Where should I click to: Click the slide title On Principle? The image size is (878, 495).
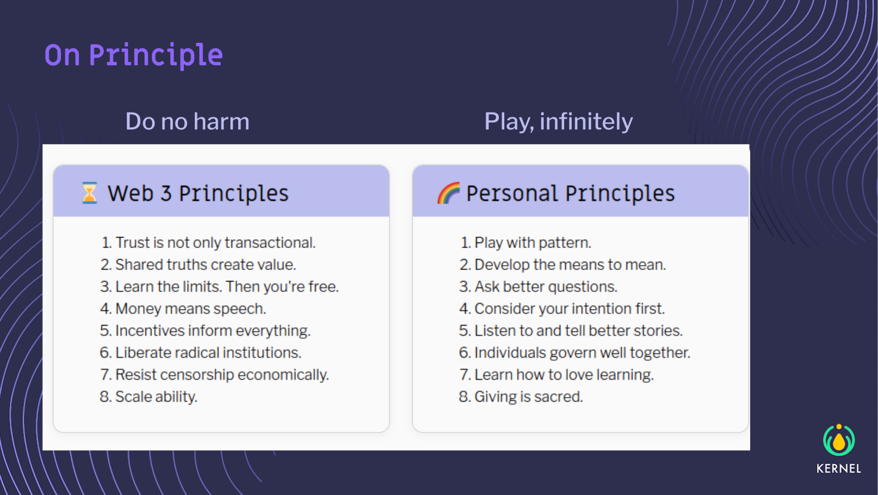pyautogui.click(x=134, y=55)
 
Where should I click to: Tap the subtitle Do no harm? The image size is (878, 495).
pyautogui.click(x=187, y=121)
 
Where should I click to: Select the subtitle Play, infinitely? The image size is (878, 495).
pyautogui.click(x=559, y=122)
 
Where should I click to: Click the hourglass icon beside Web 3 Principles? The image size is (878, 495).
pyautogui.click(x=89, y=193)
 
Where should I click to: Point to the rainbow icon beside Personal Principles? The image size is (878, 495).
pyautogui.click(x=448, y=193)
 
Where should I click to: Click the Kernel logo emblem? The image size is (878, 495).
pyautogui.click(x=839, y=440)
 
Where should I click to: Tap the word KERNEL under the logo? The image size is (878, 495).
pyautogui.click(x=839, y=469)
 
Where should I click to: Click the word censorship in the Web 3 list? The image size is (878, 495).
pyautogui.click(x=197, y=375)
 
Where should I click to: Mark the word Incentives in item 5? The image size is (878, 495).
pyautogui.click(x=150, y=331)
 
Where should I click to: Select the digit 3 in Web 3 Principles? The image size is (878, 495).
pyautogui.click(x=166, y=194)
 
